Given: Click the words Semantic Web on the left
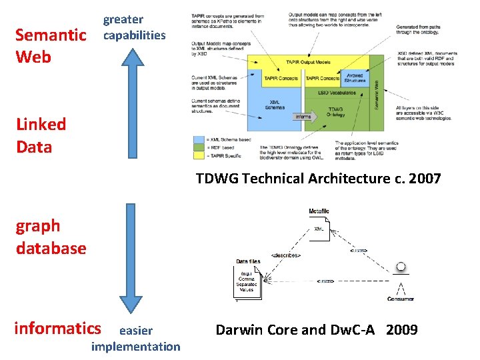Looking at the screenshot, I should click(x=50, y=45).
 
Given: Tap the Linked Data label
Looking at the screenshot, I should click(x=41, y=135).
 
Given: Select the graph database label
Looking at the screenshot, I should click(x=51, y=237).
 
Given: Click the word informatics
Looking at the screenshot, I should click(x=57, y=328).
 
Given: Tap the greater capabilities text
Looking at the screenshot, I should click(x=133, y=27).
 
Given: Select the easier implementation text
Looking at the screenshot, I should click(x=135, y=338).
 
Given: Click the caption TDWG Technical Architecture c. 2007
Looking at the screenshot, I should click(x=319, y=178).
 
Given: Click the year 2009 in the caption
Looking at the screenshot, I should click(x=401, y=329).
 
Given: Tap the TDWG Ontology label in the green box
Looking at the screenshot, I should click(x=335, y=112).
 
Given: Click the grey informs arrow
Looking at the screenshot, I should click(x=303, y=117).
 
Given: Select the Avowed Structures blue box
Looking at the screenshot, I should click(x=355, y=78).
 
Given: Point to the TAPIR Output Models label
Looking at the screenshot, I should click(x=307, y=62).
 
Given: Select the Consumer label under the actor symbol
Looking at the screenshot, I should click(x=400, y=299).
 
